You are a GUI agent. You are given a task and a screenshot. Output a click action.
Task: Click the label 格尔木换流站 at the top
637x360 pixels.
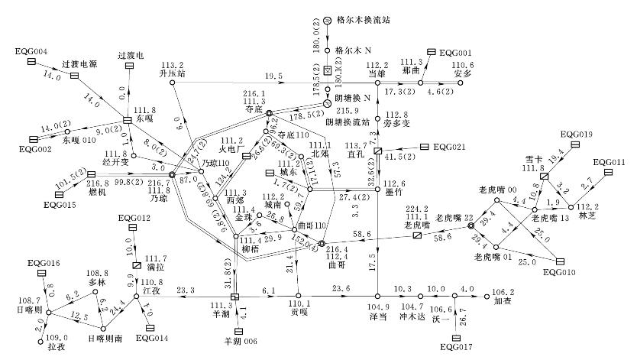[x=364, y=19]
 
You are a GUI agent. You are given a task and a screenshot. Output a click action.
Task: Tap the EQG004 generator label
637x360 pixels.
[x=31, y=51]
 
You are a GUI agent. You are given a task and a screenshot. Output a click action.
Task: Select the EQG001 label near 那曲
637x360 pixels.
[x=455, y=52]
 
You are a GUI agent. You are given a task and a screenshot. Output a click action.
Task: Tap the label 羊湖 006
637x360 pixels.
[x=241, y=340]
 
